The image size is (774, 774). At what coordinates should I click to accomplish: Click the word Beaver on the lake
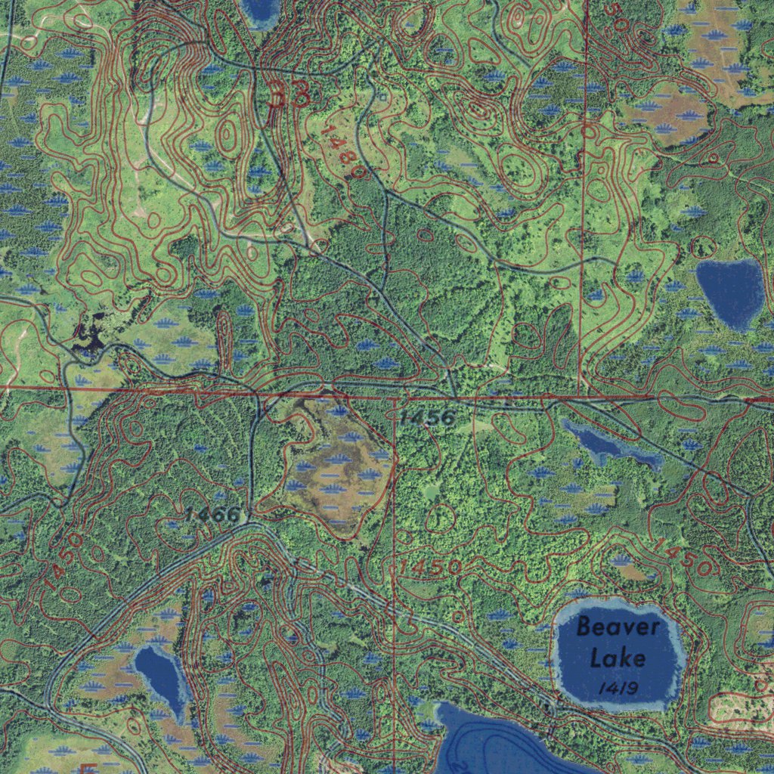coord(618,627)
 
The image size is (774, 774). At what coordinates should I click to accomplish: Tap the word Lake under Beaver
coord(618,657)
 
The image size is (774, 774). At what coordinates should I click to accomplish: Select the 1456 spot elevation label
coord(428,417)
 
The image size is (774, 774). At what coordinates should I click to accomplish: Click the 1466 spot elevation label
coord(212,515)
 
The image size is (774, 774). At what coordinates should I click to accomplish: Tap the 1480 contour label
coord(343,152)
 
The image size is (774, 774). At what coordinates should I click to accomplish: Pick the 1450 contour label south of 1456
coord(431,567)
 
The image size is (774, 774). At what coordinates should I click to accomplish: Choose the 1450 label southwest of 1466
coord(59,560)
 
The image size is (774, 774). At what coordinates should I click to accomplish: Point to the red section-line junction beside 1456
coord(395,396)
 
